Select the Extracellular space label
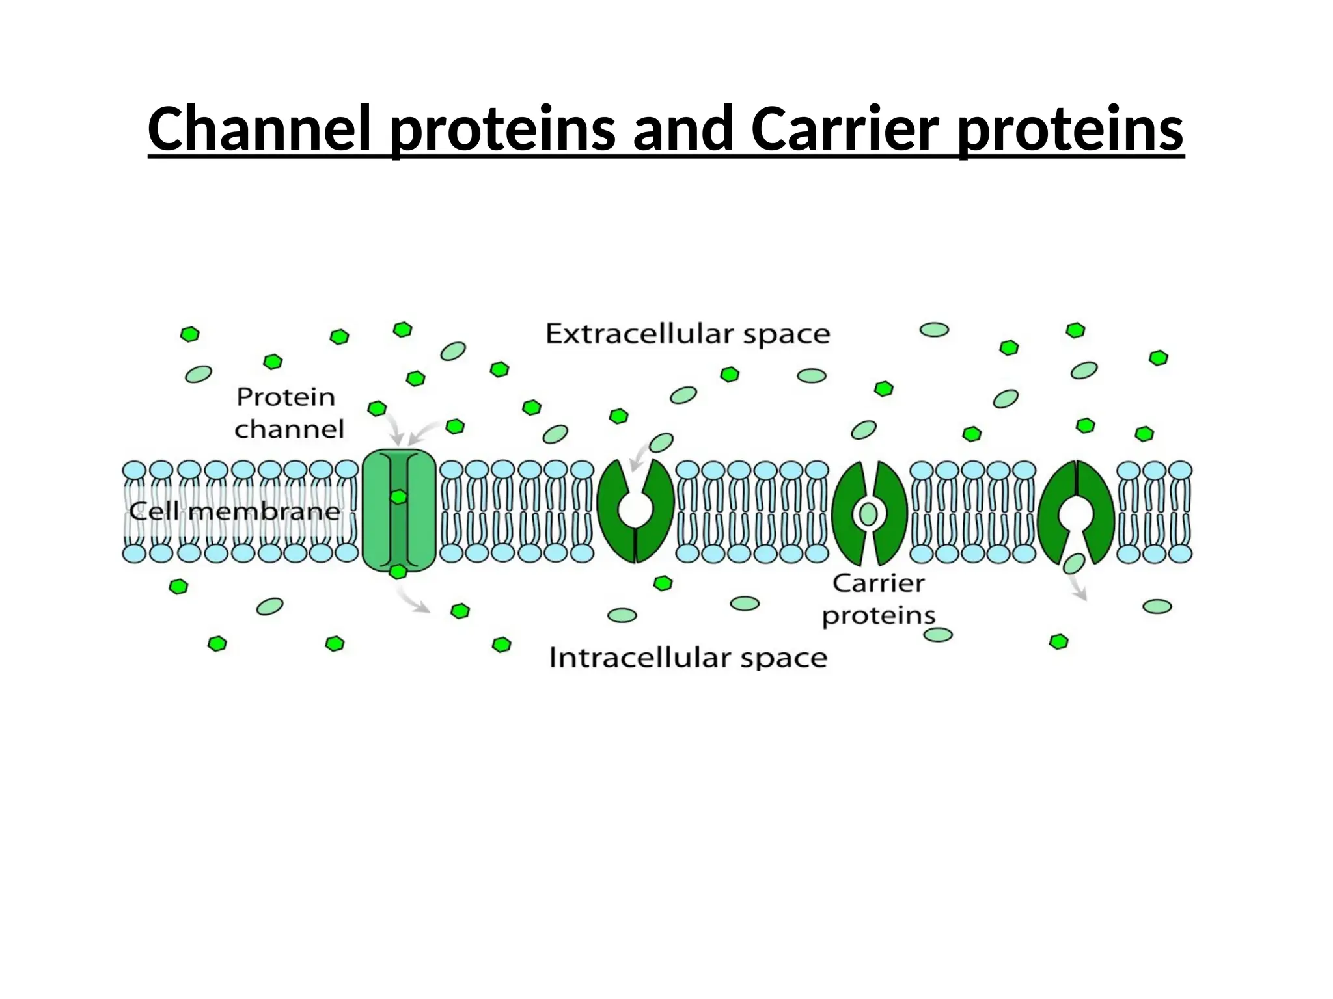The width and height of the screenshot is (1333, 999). tap(687, 334)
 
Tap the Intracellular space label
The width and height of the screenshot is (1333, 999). tap(687, 658)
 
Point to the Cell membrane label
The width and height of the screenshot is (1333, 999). tap(234, 511)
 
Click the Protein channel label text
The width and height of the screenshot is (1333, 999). tap(288, 412)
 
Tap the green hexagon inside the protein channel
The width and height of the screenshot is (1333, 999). tap(398, 498)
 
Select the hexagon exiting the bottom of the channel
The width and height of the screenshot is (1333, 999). tap(398, 572)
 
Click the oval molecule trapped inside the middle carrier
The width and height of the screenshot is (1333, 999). tap(868, 514)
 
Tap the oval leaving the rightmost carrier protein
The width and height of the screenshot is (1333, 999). tap(1073, 563)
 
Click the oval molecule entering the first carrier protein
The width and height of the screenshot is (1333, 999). tap(661, 443)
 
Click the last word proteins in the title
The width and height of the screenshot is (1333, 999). tap(1071, 128)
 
